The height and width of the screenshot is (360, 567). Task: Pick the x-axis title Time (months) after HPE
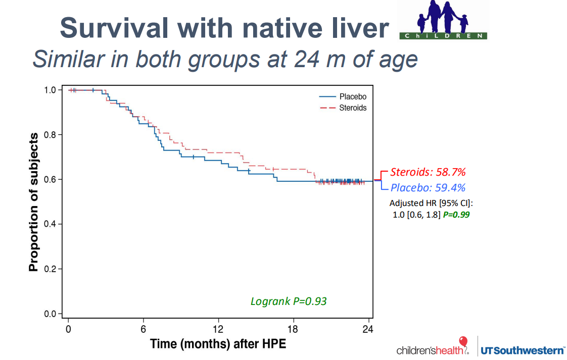pos(218,344)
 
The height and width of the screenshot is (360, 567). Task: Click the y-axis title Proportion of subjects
pos(34,202)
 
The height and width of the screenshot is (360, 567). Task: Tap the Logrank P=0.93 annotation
pos(289,301)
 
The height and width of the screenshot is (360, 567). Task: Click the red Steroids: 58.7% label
pos(427,172)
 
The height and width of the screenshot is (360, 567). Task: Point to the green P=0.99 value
pos(458,215)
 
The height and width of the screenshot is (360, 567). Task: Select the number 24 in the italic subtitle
pos(288,60)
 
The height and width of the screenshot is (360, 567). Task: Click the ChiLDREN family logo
pos(443,20)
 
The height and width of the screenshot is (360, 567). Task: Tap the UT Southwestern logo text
pos(523,349)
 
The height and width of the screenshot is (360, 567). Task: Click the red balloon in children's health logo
pos(463,341)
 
